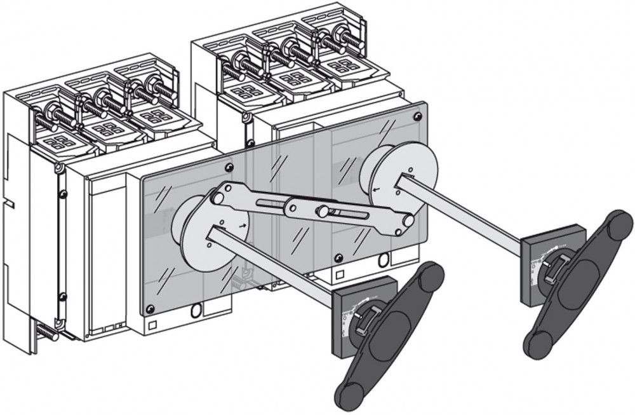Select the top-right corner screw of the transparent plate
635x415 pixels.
pos(417,116)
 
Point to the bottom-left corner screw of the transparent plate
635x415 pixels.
pos(150,310)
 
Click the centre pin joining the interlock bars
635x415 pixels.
pos(323,210)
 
